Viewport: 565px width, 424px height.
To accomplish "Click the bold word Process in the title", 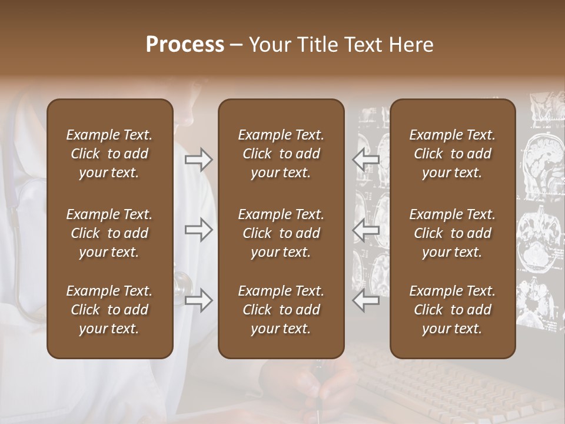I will point(185,45).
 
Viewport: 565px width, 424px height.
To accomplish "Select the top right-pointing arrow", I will point(198,160).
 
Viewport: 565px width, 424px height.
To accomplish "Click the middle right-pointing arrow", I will point(198,230).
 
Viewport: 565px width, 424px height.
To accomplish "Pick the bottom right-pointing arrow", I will point(198,301).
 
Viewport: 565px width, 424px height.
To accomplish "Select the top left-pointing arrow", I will point(366,160).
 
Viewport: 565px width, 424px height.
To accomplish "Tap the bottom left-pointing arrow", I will point(366,301).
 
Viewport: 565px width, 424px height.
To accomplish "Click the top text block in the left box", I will point(109,154).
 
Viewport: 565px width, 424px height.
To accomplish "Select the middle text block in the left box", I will point(109,233).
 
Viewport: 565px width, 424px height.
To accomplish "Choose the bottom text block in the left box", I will point(109,310).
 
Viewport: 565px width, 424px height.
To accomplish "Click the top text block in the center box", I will point(281,154).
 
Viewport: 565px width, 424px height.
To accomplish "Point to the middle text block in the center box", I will point(281,233).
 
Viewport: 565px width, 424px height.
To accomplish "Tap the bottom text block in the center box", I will point(281,310).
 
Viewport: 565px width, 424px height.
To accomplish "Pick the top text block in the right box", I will point(453,154).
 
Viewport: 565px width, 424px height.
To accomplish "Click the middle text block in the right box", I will point(453,233).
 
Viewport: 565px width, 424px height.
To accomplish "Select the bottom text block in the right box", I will point(453,310).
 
